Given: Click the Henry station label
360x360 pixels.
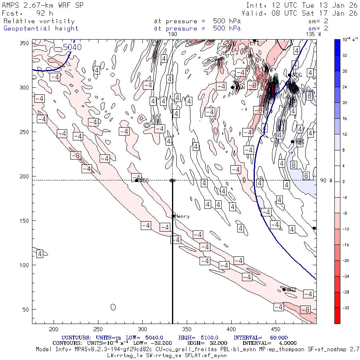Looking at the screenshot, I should tap(182, 216).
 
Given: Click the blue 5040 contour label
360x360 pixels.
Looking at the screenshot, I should tap(72, 47).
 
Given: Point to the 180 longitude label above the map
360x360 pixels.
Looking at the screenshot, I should tap(172, 34).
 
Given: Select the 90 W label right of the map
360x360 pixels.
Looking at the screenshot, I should tap(326, 181).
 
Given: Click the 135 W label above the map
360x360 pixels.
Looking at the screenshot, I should tap(313, 34).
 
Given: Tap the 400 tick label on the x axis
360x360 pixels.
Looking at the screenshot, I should tap(230, 329).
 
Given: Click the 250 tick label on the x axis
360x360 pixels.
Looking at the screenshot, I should tap(98, 329).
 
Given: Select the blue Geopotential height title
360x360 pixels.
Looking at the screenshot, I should tap(41, 28).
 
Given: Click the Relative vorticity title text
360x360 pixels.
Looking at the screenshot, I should tap(39, 21).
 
